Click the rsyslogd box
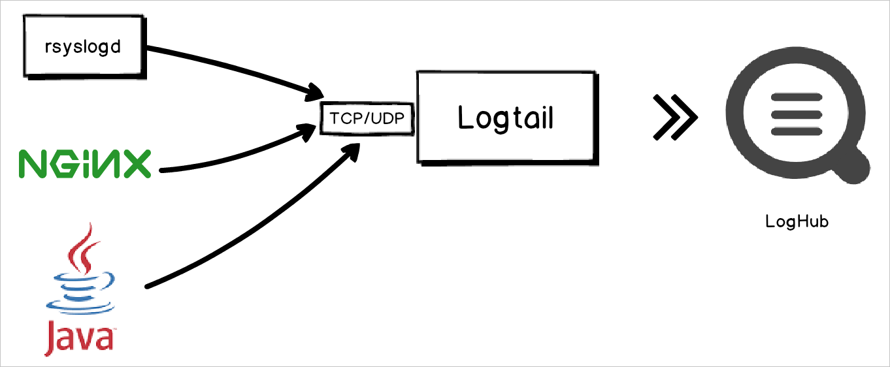(82, 46)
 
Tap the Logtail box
(506, 118)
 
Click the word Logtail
(506, 118)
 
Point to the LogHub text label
(797, 222)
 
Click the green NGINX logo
(85, 163)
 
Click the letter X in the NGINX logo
(135, 163)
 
